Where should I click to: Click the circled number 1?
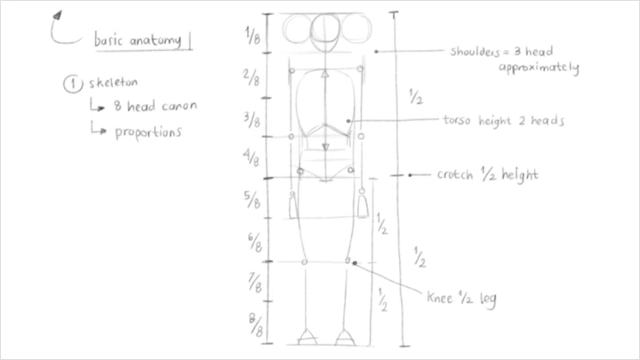pos(70,84)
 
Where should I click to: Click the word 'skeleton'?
pos(114,84)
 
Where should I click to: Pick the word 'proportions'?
pos(148,132)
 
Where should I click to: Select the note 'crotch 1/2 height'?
pos(487,175)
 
